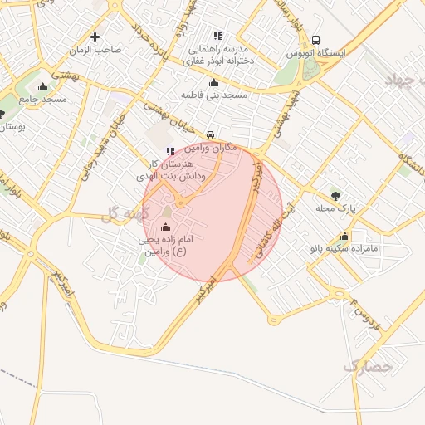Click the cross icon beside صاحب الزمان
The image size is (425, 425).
[x=95, y=37]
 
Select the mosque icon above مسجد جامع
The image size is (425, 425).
[x=43, y=86]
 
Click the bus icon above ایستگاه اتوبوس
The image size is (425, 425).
[x=315, y=40]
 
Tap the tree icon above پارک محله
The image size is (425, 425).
[x=335, y=196]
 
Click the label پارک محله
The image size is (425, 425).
[x=335, y=209]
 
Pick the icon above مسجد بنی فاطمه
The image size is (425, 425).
[x=214, y=83]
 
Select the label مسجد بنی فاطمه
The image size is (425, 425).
[x=215, y=96]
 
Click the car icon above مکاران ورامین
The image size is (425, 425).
[x=211, y=134]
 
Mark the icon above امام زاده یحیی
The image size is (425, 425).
[x=164, y=227]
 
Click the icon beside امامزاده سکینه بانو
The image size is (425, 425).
[x=344, y=236]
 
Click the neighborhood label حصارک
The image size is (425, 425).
[x=368, y=364]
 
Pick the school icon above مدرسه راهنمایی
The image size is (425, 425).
[x=218, y=37]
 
